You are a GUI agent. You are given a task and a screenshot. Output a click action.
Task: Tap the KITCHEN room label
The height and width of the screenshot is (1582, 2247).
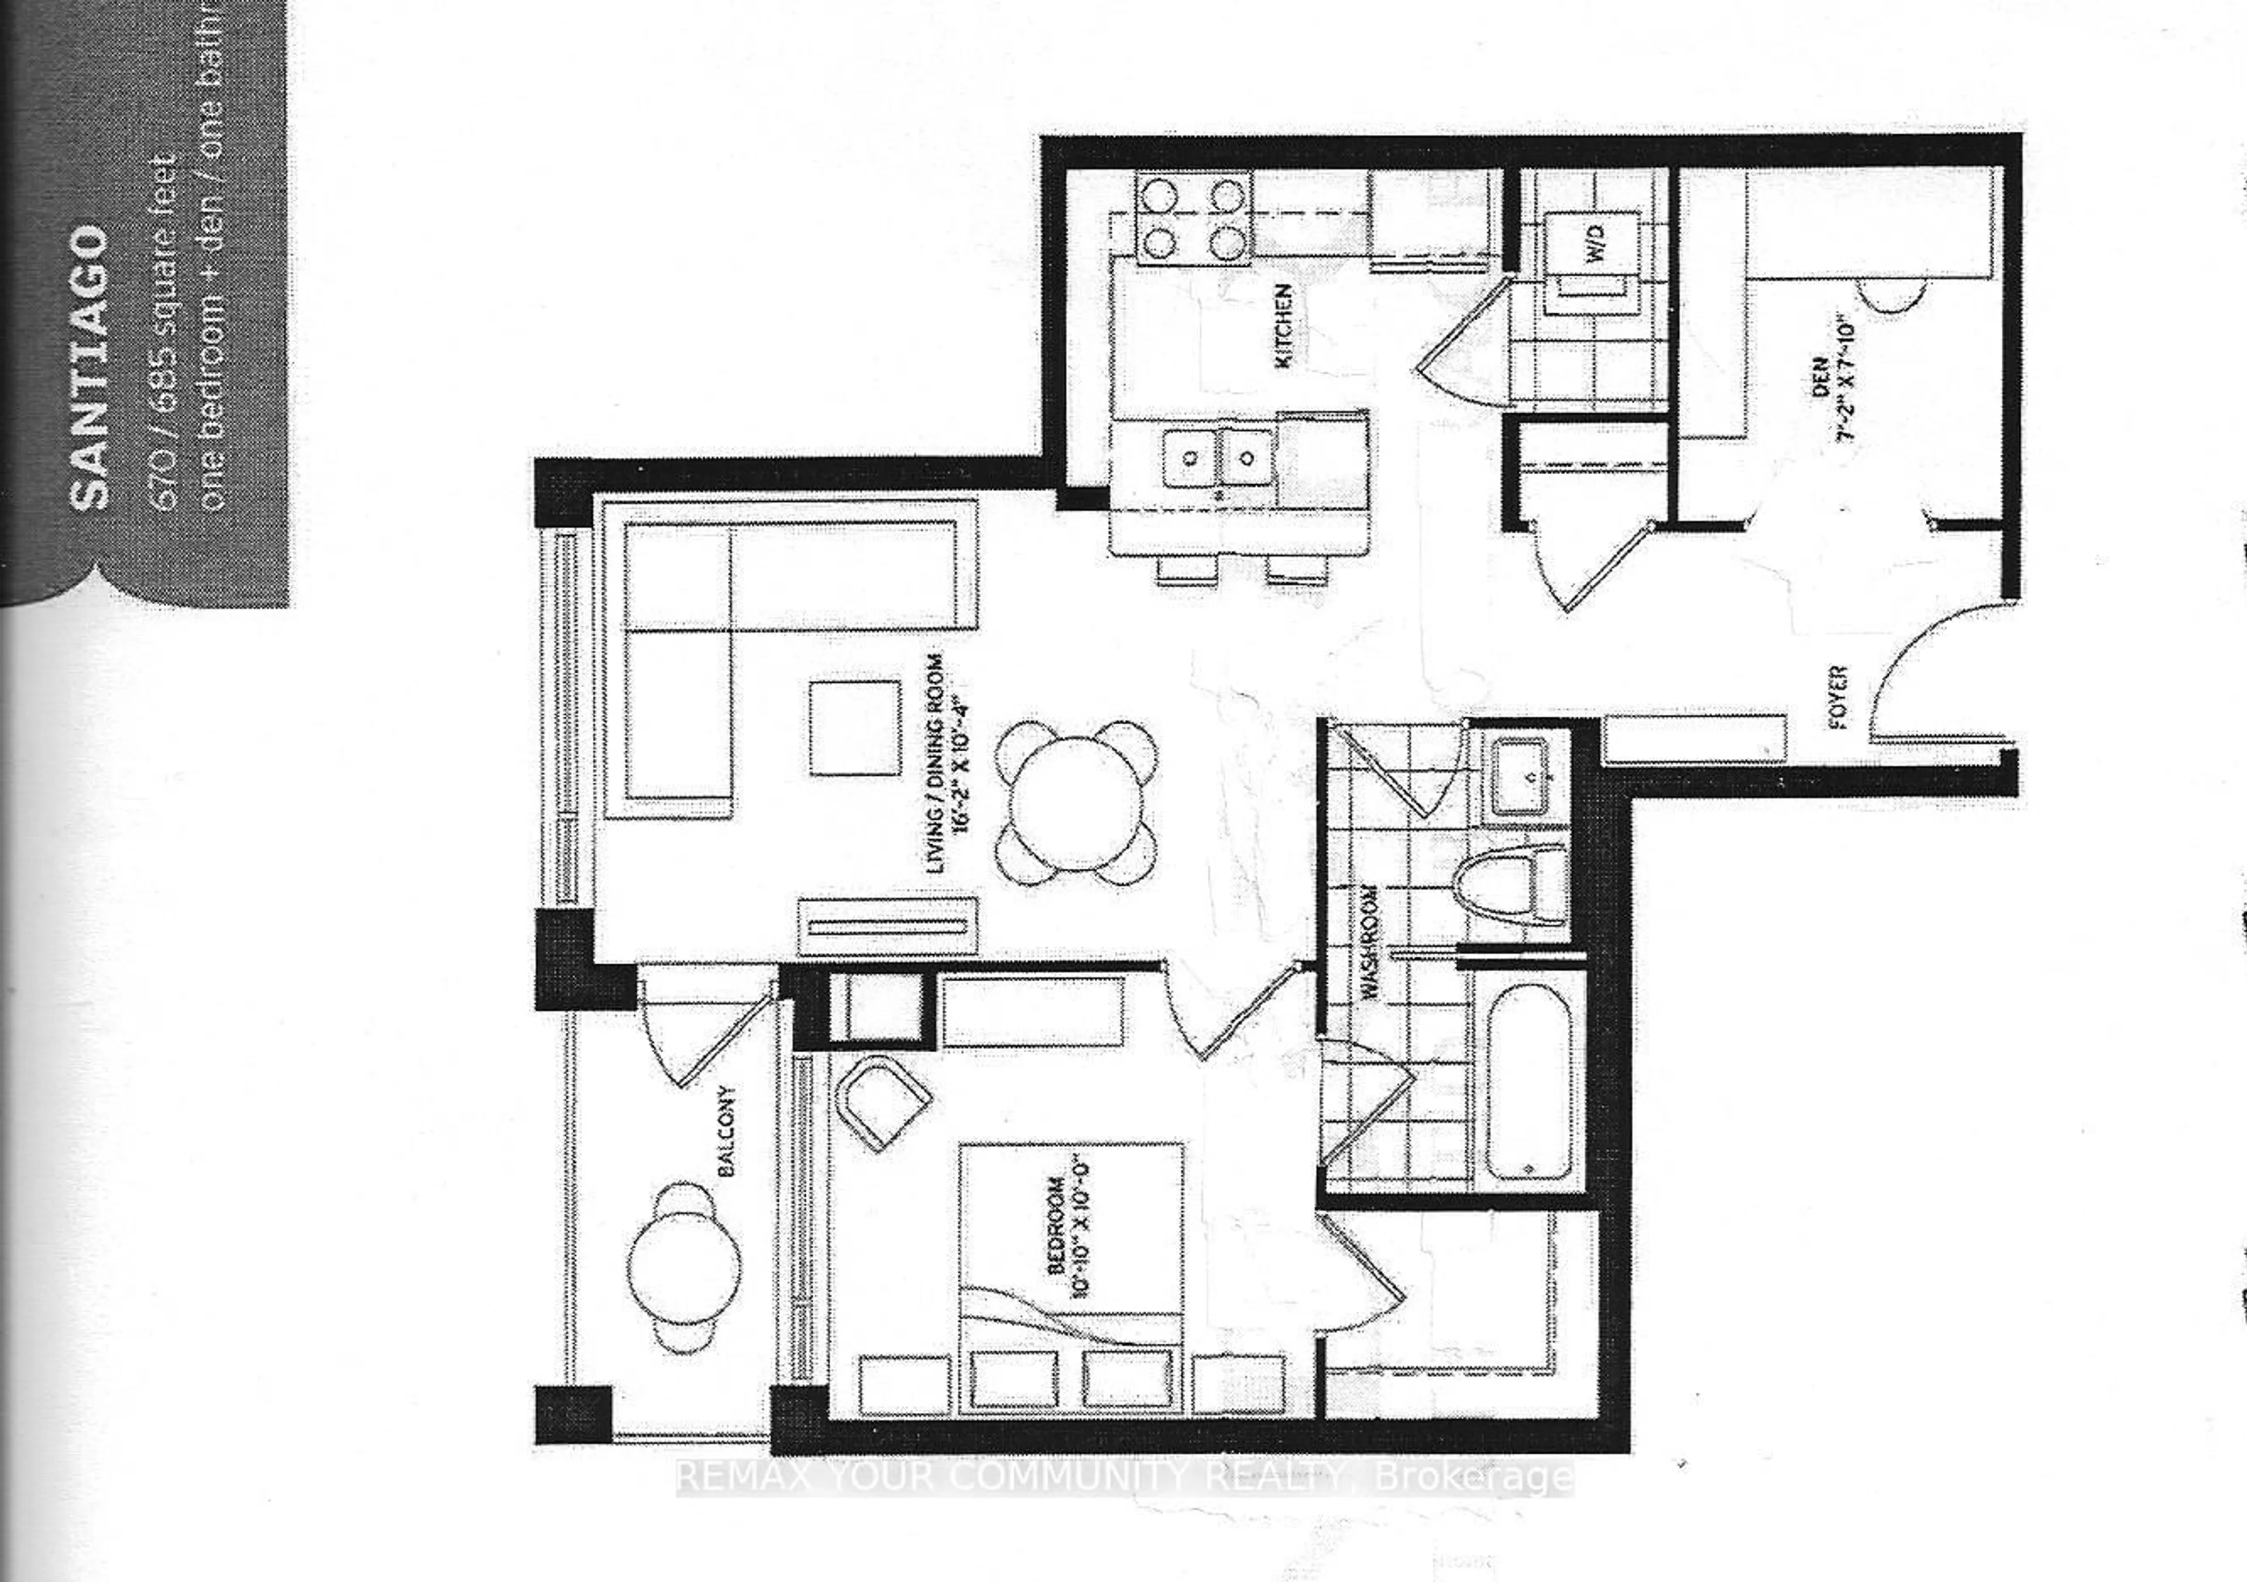pyautogui.click(x=1284, y=326)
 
